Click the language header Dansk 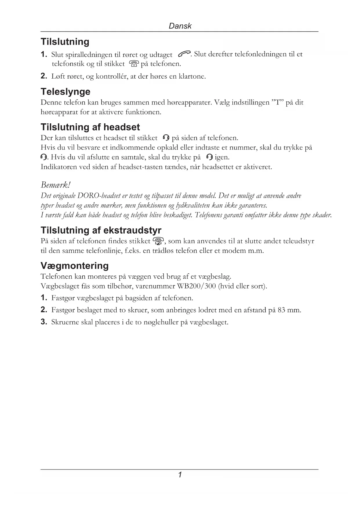[180, 26]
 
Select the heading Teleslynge [65, 92]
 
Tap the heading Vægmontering [75, 266]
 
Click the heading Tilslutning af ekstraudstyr [101, 230]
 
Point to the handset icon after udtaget [184, 54]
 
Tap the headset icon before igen [209, 157]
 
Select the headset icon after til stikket [166, 138]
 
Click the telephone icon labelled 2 [158, 241]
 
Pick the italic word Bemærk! [56, 185]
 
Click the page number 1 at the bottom [180, 475]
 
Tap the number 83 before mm [281, 310]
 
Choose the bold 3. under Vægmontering [44, 322]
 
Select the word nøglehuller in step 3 [161, 322]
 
